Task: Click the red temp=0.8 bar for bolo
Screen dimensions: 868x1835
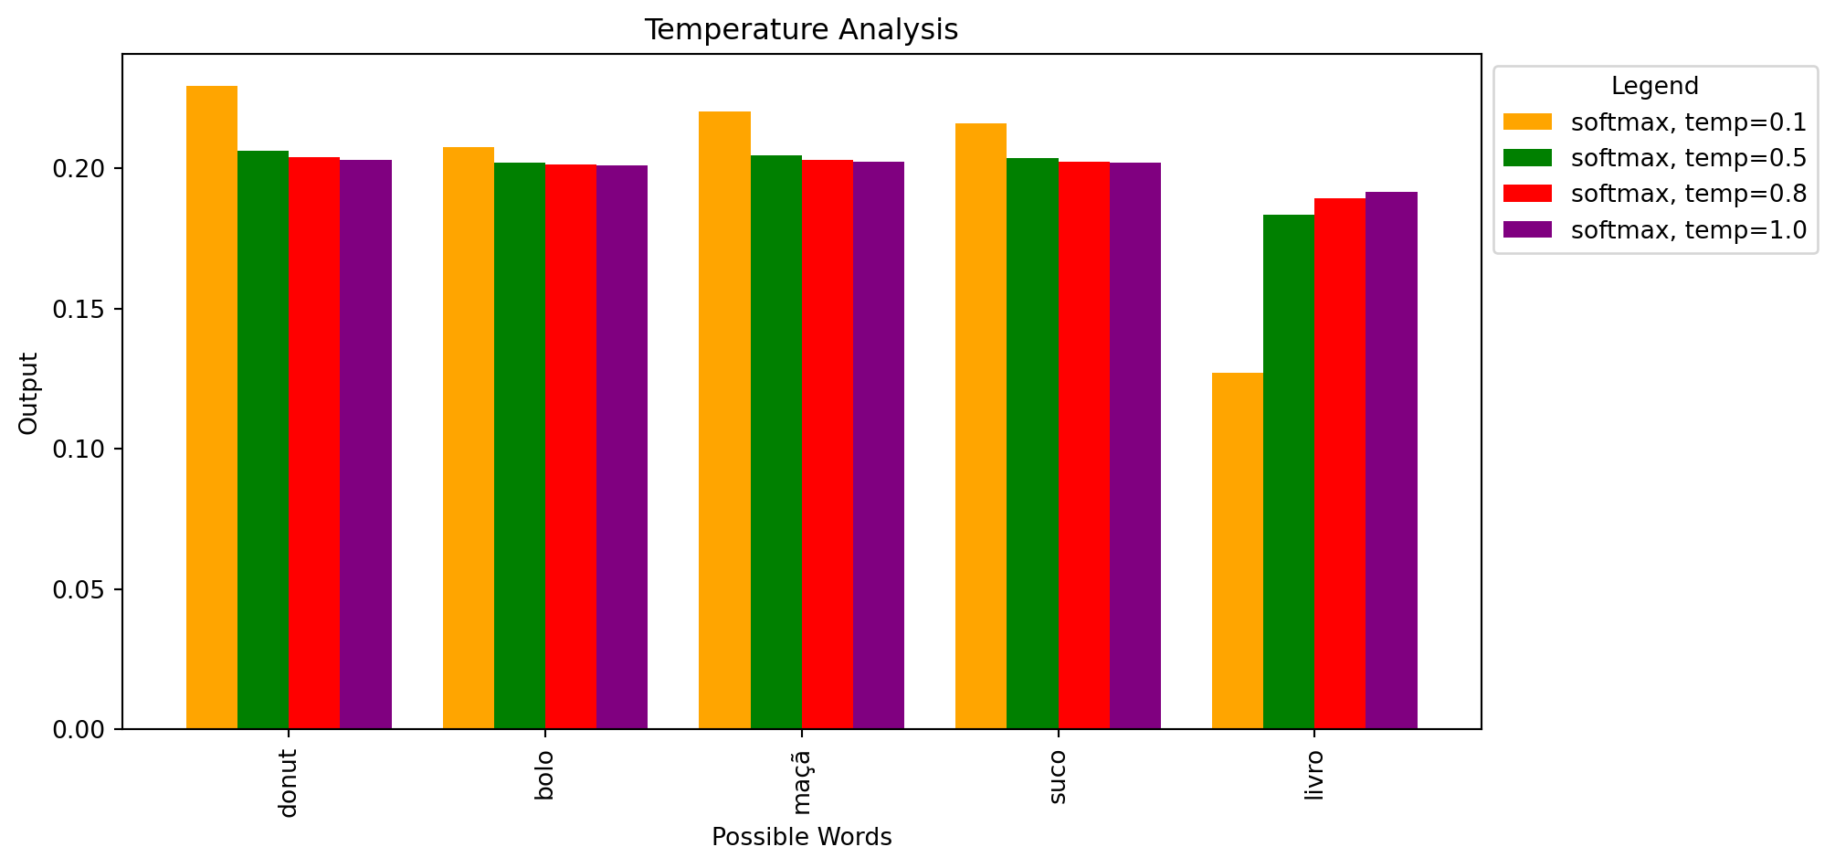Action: click(571, 447)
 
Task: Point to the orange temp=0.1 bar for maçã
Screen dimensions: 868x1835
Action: click(724, 420)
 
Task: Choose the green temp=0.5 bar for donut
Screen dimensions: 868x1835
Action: click(263, 439)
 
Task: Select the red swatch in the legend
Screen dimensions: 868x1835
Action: click(1527, 194)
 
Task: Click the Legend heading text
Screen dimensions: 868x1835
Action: click(1654, 86)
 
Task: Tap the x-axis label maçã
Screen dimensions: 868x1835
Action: click(801, 782)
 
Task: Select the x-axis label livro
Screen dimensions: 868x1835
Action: click(1313, 776)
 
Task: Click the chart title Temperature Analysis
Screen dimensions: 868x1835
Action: click(801, 30)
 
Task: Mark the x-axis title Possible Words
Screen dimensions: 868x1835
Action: click(801, 837)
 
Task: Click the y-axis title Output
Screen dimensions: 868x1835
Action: click(29, 393)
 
